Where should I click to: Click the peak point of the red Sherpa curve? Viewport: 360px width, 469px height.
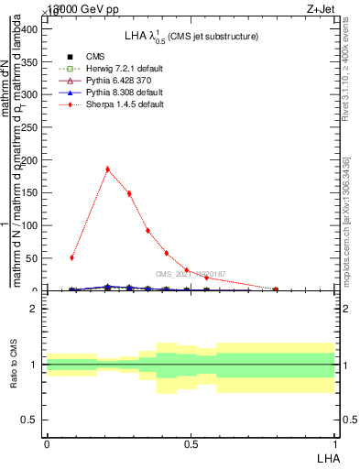point(108,169)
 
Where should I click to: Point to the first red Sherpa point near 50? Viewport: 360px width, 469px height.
point(72,257)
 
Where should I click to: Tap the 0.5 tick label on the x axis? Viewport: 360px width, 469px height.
point(191,443)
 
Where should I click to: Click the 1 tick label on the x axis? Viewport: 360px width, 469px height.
point(335,443)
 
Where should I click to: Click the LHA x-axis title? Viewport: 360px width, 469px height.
point(326,457)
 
